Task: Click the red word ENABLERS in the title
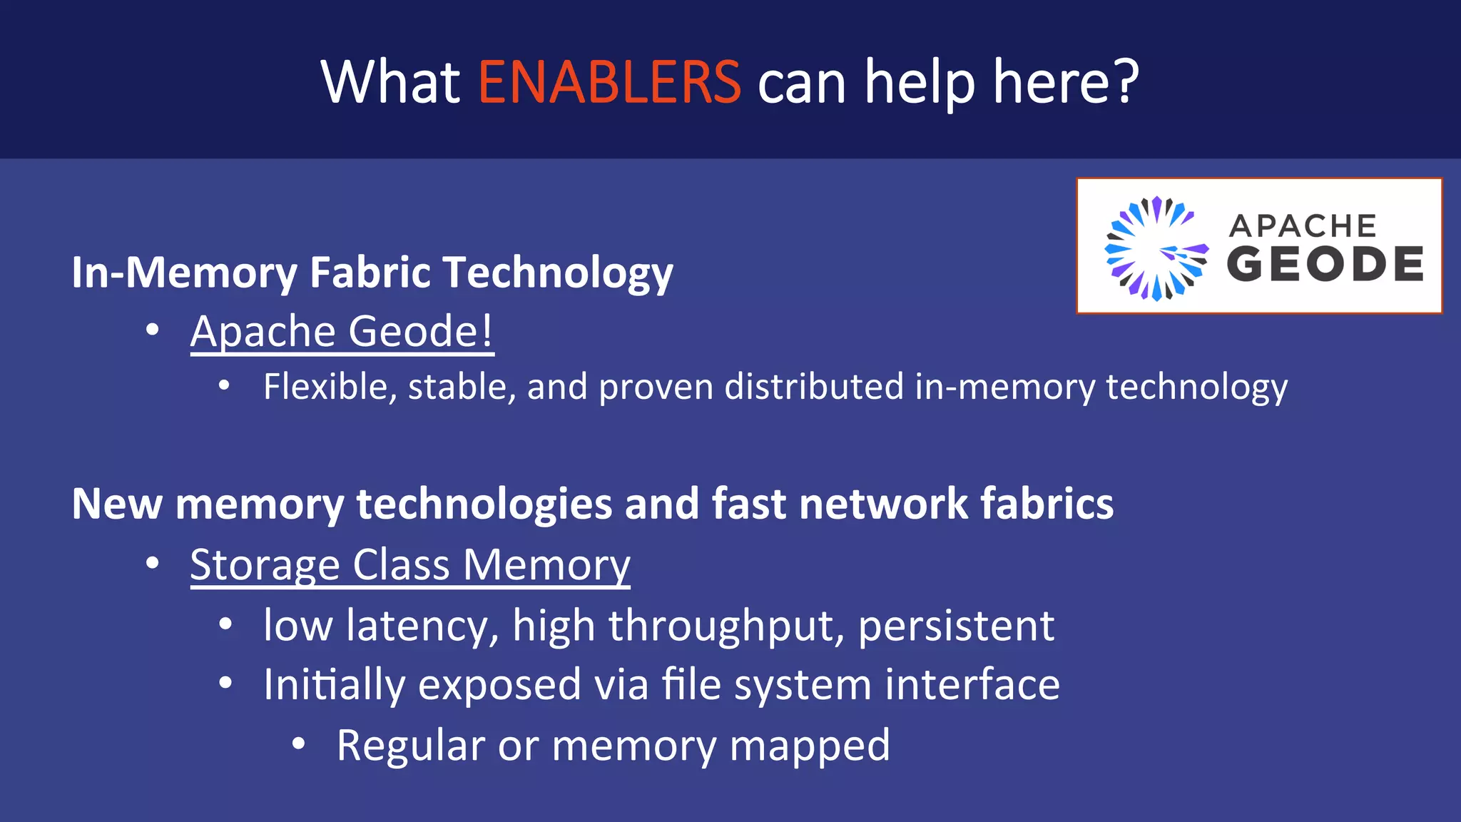pyautogui.click(x=609, y=82)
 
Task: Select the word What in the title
pyautogui.click(x=390, y=82)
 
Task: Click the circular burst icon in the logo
pyautogui.click(x=1156, y=248)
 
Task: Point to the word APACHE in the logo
pyautogui.click(x=1303, y=226)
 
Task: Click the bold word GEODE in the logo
pyautogui.click(x=1325, y=264)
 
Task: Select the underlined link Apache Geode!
pyautogui.click(x=342, y=331)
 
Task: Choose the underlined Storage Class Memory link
pyautogui.click(x=410, y=565)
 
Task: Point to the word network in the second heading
pyautogui.click(x=883, y=504)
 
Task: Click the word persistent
pyautogui.click(x=956, y=626)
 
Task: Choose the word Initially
pyautogui.click(x=334, y=685)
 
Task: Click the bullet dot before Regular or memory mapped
pyautogui.click(x=299, y=744)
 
